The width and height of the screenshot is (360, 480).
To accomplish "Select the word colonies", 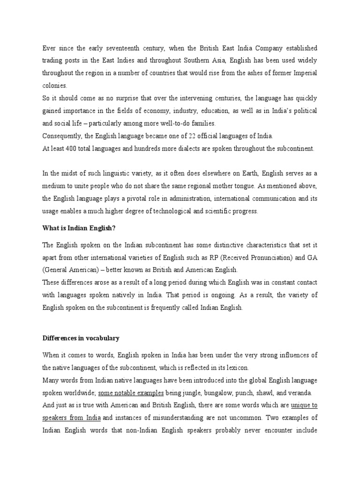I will pyautogui.click(x=55, y=86).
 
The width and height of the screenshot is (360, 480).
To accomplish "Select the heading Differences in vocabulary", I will pyautogui.click(x=81, y=337).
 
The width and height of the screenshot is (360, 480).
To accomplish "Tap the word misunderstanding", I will pyautogui.click(x=179, y=417).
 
